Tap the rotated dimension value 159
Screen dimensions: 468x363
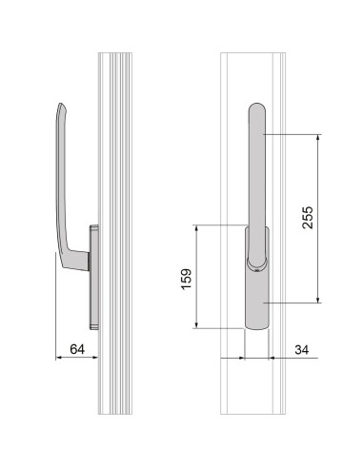188,278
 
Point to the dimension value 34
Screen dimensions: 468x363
302,351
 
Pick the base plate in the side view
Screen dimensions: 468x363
92,272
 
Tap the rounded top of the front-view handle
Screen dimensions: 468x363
256,107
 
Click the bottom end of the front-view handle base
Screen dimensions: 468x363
255,327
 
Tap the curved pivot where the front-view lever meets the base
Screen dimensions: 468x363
255,259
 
